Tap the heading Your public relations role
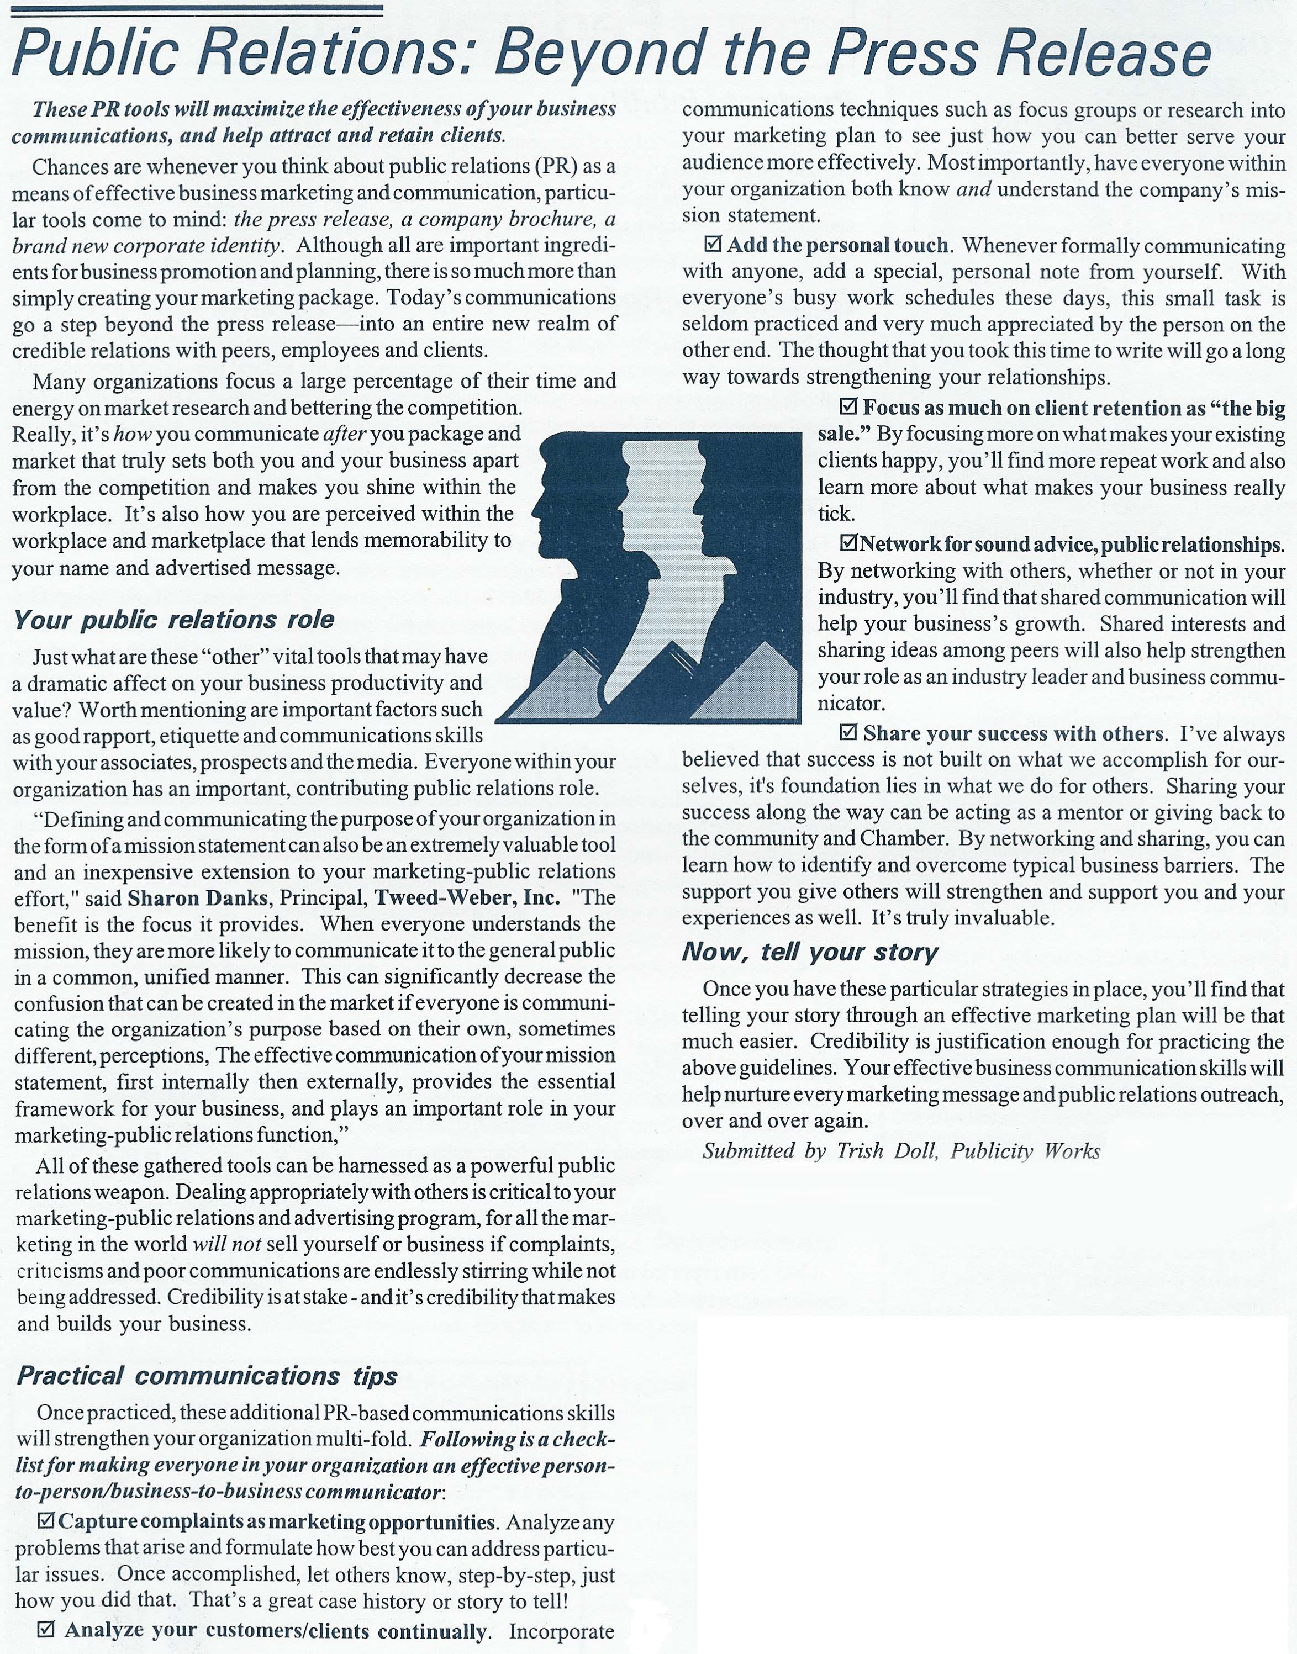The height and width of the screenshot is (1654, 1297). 174,620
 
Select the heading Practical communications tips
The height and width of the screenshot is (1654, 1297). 207,1376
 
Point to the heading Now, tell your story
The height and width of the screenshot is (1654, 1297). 809,952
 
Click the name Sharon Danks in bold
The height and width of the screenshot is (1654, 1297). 197,898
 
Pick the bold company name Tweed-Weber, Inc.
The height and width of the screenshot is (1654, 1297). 467,898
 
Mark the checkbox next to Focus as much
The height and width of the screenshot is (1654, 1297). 849,408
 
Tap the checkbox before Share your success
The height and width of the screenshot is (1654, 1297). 849,733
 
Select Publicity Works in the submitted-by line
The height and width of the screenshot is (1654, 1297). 1025,1151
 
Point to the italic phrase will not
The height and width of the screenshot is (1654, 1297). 227,1244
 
